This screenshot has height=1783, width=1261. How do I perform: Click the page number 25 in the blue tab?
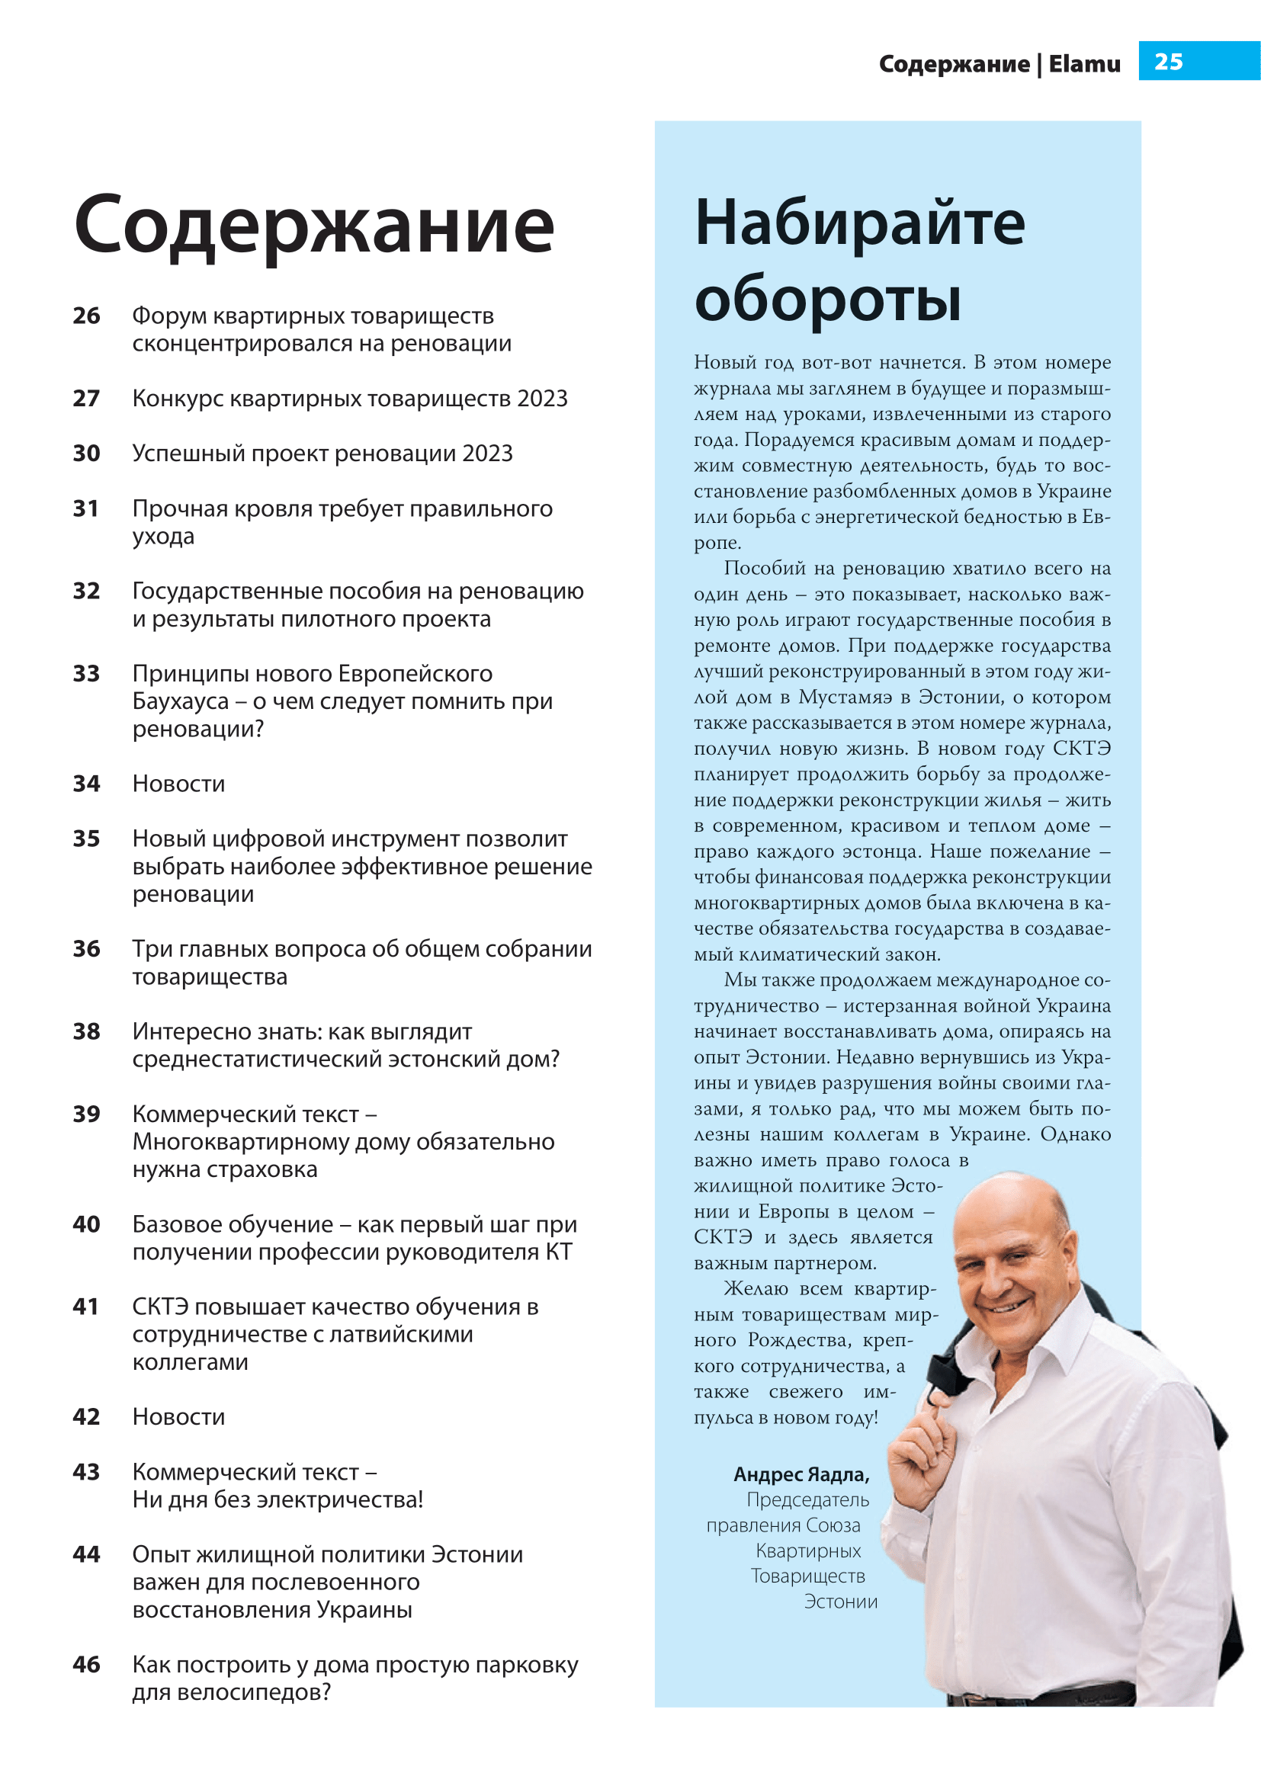(x=1168, y=61)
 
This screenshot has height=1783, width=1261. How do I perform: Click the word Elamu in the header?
(x=1084, y=64)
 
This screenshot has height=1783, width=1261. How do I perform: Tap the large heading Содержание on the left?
(x=313, y=224)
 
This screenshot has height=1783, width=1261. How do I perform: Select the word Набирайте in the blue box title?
(x=859, y=223)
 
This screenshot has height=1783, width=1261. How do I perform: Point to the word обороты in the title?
(x=828, y=299)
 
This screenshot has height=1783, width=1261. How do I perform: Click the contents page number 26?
(x=86, y=316)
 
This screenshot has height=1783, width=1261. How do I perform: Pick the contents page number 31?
(x=86, y=508)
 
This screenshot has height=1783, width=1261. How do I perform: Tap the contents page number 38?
(x=86, y=1031)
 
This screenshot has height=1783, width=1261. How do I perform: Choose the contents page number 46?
(x=86, y=1664)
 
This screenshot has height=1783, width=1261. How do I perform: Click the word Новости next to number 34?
(x=178, y=784)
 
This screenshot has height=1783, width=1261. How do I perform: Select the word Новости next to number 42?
(x=178, y=1416)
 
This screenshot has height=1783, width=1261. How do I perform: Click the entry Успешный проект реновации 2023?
(x=322, y=454)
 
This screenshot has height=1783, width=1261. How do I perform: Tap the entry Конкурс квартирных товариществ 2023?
(x=349, y=399)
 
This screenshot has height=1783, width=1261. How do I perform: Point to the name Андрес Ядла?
(x=801, y=1474)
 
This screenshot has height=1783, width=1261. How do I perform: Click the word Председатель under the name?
(x=807, y=1499)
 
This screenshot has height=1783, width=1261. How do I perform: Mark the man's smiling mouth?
(x=1008, y=1304)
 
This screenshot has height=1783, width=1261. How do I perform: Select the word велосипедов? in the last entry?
(x=254, y=1692)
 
